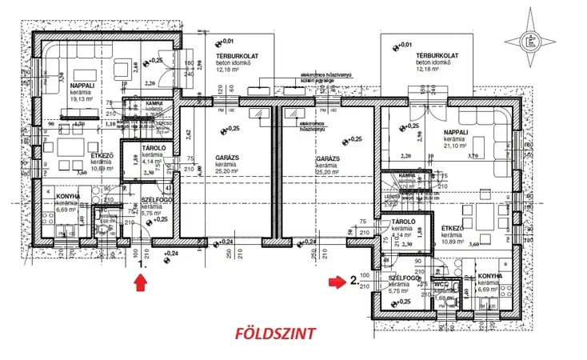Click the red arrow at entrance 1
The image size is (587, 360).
(142, 281)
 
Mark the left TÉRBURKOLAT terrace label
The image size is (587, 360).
(234, 55)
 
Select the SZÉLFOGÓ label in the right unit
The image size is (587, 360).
(402, 278)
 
